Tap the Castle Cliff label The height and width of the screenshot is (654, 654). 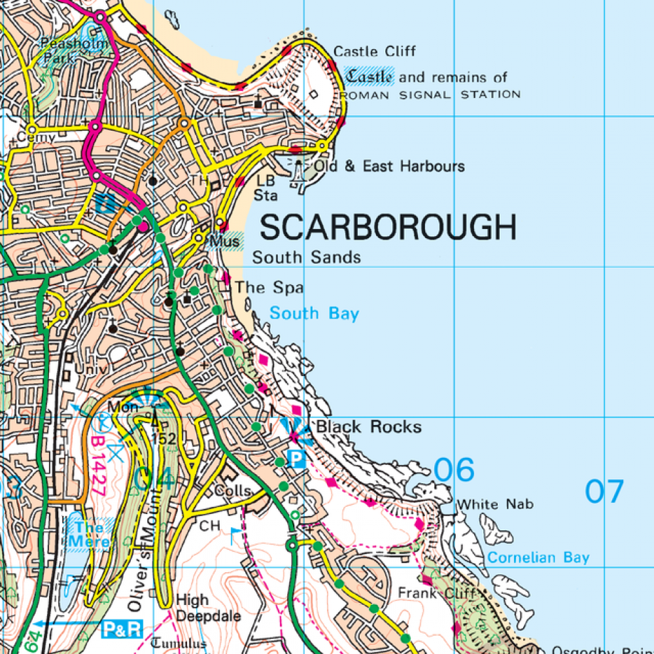[374, 52]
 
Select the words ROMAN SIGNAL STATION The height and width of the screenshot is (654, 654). [430, 95]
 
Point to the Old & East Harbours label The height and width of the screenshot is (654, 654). [389, 166]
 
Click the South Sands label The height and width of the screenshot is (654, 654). [306, 258]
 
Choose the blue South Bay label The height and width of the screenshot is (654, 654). [315, 314]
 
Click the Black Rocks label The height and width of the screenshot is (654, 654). [370, 427]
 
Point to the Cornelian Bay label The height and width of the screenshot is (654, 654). [538, 558]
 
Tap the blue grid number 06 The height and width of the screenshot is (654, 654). [454, 470]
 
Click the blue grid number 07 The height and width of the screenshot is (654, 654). [604, 491]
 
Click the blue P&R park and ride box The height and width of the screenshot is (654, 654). [122, 630]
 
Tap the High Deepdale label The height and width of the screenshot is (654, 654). [201, 608]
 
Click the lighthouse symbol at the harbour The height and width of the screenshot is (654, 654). [300, 172]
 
